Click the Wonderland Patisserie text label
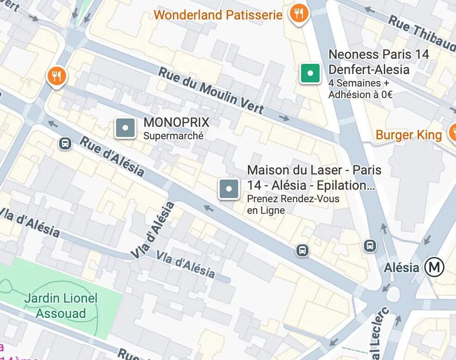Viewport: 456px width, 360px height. click(218, 15)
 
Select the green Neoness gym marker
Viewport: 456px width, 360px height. click(310, 73)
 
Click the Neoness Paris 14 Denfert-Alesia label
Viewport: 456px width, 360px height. click(378, 62)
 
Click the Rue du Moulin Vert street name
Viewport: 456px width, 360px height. click(211, 91)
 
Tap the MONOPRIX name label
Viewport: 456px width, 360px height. click(176, 123)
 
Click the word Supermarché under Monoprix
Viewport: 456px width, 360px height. click(173, 136)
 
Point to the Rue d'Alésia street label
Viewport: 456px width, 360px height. click(111, 156)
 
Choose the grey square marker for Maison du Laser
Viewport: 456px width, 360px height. click(229, 189)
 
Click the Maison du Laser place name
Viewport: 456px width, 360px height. click(314, 178)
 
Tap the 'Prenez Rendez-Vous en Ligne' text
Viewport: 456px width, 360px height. click(293, 205)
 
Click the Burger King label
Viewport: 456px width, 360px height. click(409, 135)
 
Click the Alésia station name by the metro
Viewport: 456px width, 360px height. click(401, 267)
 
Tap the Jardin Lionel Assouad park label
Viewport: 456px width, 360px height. click(61, 306)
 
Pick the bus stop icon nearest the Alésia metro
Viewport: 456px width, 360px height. click(370, 246)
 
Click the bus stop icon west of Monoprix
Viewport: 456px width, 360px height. click(65, 143)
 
